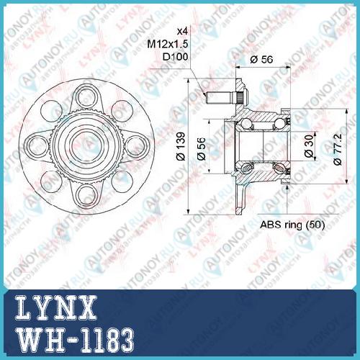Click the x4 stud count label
coord(182,31)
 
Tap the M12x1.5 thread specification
coord(168,44)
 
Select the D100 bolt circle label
coord(175,57)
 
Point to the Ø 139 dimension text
coord(181,146)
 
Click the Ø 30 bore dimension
coord(310,146)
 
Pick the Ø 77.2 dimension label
coord(338,149)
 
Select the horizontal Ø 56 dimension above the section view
coord(261,59)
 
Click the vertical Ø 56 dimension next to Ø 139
coord(201,148)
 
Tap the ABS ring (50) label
coord(292,225)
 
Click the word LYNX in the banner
coord(56,308)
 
